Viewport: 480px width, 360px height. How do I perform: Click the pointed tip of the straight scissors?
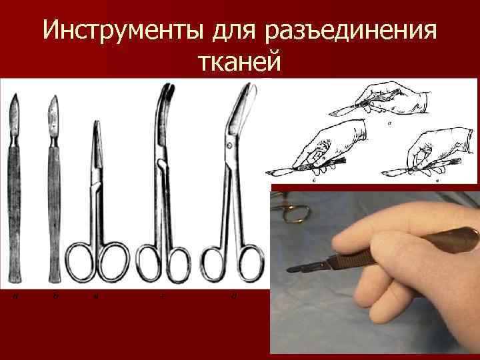pos(97,124)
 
